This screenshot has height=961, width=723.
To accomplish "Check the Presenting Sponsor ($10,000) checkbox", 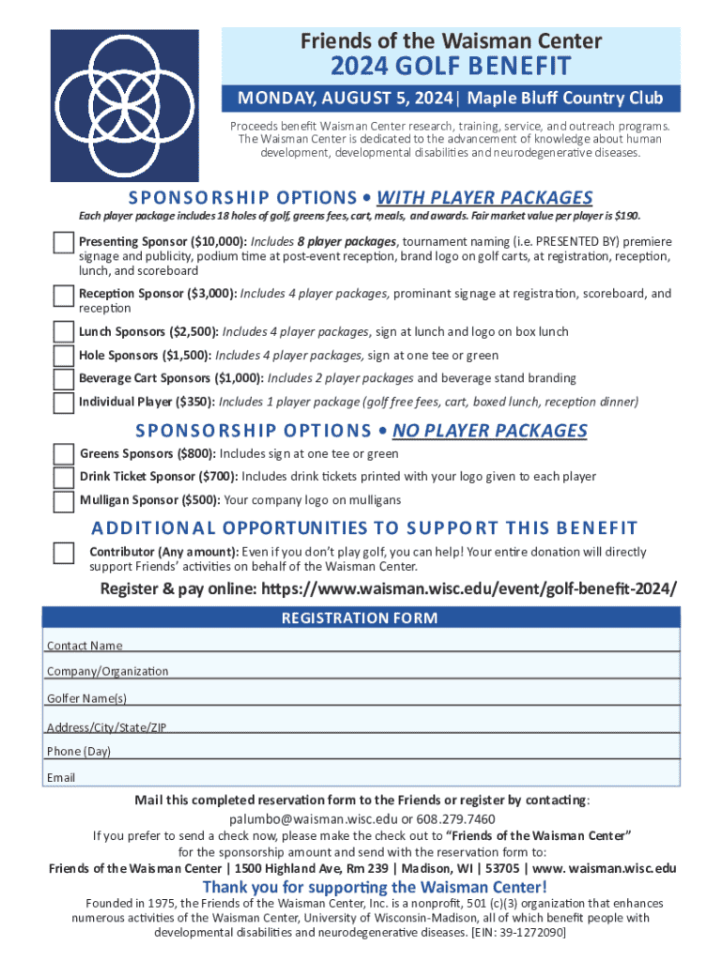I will point(64,243).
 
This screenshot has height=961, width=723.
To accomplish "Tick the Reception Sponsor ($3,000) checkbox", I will point(64,296).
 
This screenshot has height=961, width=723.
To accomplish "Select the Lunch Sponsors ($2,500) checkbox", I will point(64,332).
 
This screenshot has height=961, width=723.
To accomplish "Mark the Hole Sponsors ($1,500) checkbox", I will point(64,356).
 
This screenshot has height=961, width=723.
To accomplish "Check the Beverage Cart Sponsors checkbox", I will point(64,379).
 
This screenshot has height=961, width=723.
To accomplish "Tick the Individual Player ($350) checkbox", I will point(64,403).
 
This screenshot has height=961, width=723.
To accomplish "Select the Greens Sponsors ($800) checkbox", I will point(64,454).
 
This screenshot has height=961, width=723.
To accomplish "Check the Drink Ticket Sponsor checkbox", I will point(64,478).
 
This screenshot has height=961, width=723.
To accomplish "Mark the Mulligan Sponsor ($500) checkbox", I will point(64,501).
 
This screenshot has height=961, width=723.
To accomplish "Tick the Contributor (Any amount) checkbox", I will point(64,553).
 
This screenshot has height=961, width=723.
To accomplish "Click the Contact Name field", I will point(394,640).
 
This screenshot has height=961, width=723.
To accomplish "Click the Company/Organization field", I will point(394,666).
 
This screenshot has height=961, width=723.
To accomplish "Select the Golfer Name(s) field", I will point(394,694).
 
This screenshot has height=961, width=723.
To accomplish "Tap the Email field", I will point(394,773).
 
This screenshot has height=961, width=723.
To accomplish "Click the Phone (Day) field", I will point(394,747).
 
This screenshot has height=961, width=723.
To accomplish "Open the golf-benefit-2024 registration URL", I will point(469,589).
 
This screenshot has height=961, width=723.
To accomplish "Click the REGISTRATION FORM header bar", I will point(361,618).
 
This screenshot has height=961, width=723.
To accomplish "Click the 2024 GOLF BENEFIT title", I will point(451,68).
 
